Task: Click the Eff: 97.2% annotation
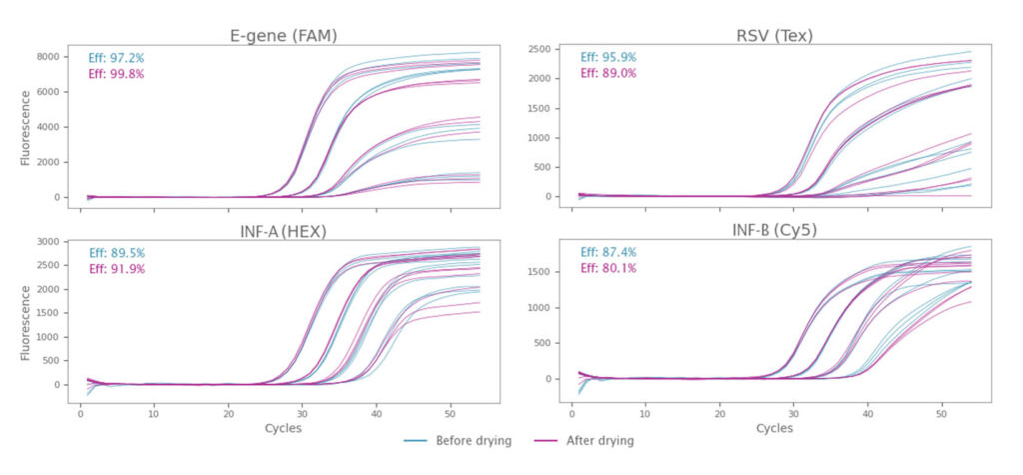click(117, 58)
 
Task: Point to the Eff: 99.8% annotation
click(117, 73)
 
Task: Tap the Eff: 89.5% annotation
click(117, 253)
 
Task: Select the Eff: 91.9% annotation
click(117, 269)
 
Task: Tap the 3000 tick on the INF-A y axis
click(49, 243)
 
